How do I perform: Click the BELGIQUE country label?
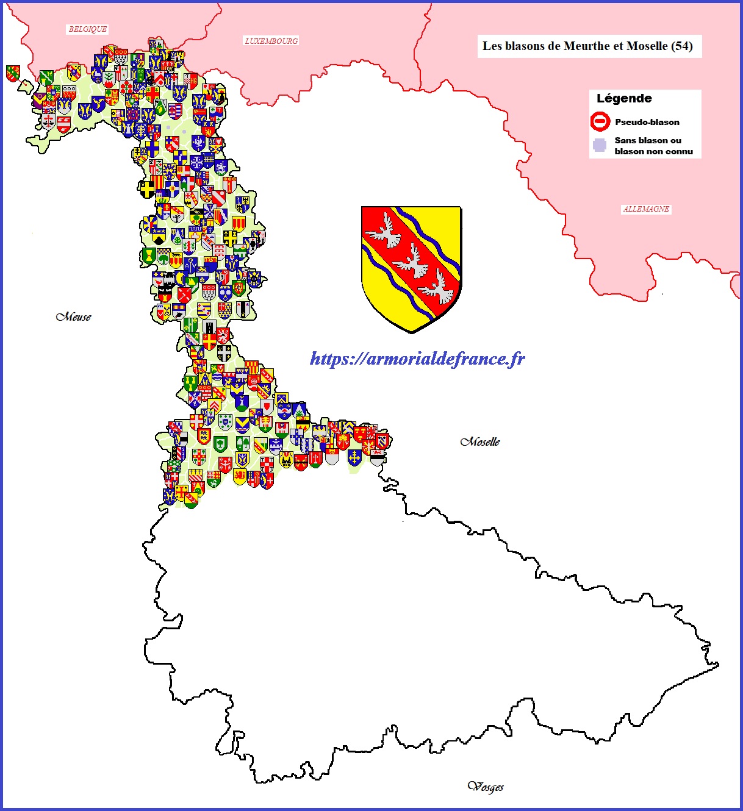point(88,29)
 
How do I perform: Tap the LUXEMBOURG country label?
point(271,41)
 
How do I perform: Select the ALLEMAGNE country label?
point(646,209)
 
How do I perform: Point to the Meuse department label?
point(74,316)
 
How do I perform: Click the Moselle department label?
point(480,441)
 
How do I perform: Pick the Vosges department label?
point(486,787)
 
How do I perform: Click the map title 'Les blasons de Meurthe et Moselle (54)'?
point(587,46)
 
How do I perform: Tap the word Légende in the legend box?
point(624,99)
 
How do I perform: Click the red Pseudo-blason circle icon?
point(600,121)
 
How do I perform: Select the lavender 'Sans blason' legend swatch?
point(600,146)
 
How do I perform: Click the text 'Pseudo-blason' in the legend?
point(647,122)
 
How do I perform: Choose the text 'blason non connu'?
point(653,151)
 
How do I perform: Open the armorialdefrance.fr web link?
point(417,359)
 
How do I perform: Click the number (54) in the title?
point(681,46)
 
